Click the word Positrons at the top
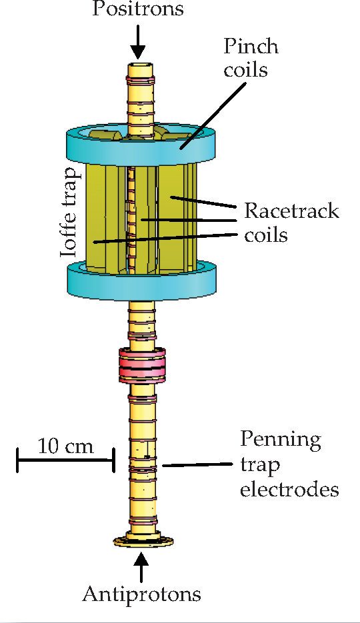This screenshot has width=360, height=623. coord(137,10)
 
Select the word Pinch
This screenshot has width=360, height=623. coord(251,47)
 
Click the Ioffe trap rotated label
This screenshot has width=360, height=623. coord(69,213)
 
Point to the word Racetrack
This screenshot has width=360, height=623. coord(291,212)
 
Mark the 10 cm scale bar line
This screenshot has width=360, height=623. coord(65,460)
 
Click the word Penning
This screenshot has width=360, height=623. coord(281,440)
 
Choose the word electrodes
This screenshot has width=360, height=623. coord(289,490)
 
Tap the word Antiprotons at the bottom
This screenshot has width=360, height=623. coord(141,593)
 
